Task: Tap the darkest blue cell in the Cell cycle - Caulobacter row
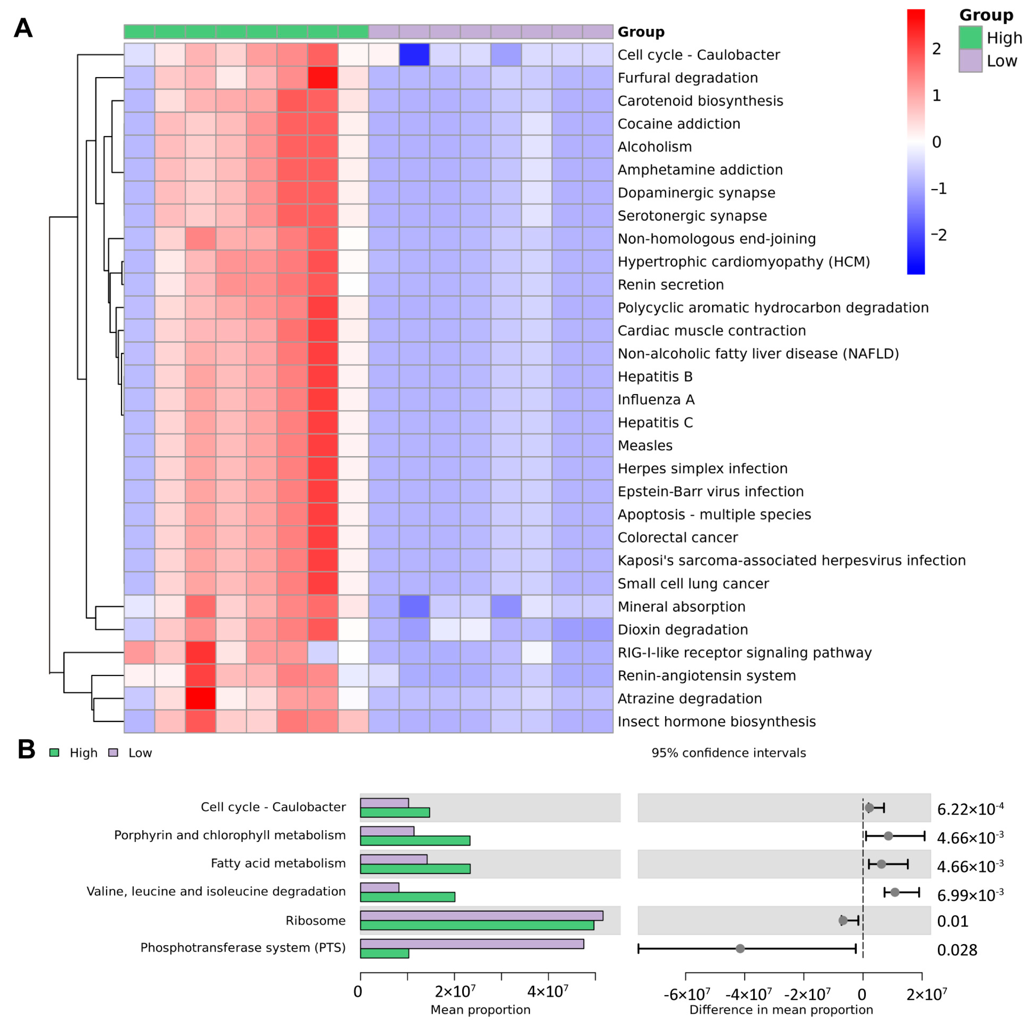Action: tap(414, 54)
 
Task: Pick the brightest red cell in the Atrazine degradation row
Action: tap(201, 698)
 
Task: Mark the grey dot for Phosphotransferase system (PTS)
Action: tap(740, 949)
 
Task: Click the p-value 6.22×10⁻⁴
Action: tap(970, 809)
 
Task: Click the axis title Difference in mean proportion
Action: tap(781, 1010)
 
